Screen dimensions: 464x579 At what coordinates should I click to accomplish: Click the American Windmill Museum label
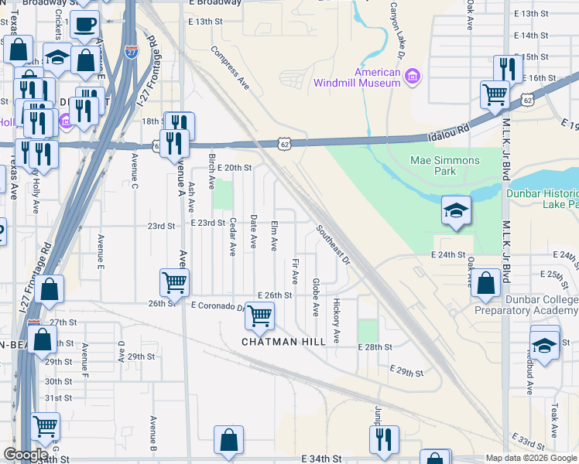(x=357, y=77)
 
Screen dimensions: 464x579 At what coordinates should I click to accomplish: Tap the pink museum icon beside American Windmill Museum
(x=413, y=76)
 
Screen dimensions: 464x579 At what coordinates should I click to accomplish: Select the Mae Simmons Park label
(x=444, y=165)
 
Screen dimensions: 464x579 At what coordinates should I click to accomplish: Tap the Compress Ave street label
(x=230, y=67)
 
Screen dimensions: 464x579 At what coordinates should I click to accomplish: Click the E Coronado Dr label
(x=218, y=306)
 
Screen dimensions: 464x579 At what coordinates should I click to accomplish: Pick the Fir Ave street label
(x=296, y=271)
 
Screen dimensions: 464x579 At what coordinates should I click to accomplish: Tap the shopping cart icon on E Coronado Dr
(x=261, y=315)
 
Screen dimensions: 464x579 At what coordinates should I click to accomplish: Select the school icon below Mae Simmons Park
(x=456, y=210)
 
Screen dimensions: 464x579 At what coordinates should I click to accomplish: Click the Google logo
(x=26, y=455)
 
